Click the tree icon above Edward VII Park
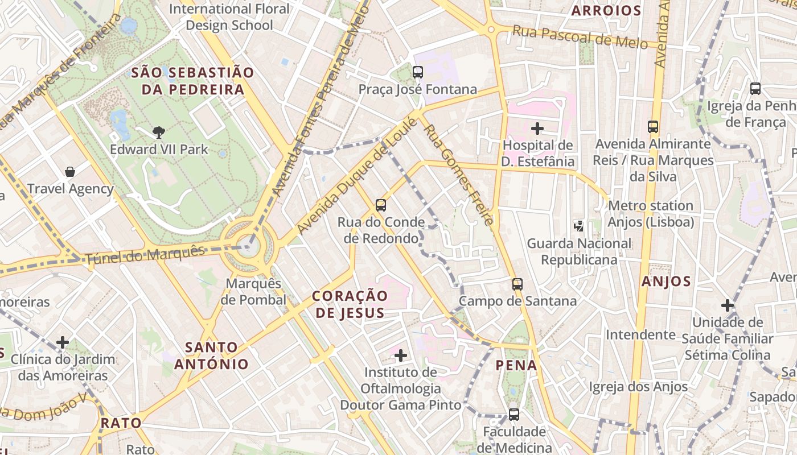click(x=159, y=133)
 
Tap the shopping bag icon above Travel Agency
click(x=70, y=172)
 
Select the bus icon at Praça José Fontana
click(x=418, y=72)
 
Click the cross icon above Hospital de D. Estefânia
click(x=537, y=129)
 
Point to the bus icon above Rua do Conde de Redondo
click(x=381, y=205)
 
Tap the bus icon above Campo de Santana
click(x=517, y=284)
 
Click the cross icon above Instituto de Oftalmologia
click(x=401, y=356)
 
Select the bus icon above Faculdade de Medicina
click(x=514, y=415)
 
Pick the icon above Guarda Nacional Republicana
click(x=579, y=226)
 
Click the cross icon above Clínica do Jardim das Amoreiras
click(x=63, y=342)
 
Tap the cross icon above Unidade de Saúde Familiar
click(x=727, y=305)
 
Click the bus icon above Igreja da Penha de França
click(x=755, y=89)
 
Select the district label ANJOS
click(x=666, y=281)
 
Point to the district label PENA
click(x=516, y=365)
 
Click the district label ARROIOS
click(x=606, y=10)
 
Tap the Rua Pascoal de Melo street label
click(x=580, y=37)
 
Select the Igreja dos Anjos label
click(x=638, y=387)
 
